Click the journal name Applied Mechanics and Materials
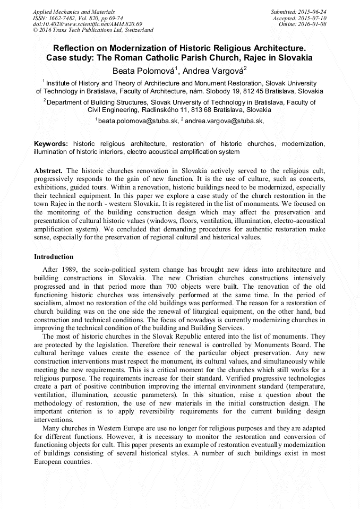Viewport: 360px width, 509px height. [x=73, y=12]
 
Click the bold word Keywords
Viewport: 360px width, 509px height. [x=50, y=144]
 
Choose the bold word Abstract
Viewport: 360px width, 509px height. [x=48, y=170]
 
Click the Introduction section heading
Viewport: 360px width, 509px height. [x=54, y=257]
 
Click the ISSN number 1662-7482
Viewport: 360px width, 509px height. [x=64, y=18]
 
